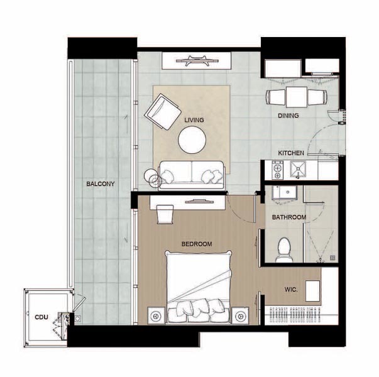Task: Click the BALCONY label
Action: point(101,184)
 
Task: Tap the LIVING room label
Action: point(194,120)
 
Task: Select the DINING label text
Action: point(288,116)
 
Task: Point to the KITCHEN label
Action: point(291,153)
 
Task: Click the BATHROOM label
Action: point(289,217)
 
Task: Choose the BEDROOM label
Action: point(197,244)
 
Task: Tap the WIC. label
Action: point(291,290)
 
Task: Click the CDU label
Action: point(41,317)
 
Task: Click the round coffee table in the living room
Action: point(192,139)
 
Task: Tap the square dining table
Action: point(297,97)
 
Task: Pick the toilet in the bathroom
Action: point(283,250)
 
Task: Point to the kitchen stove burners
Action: point(277,170)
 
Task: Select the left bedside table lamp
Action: point(156,315)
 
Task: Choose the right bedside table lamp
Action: point(240,315)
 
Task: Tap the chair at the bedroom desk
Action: point(165,214)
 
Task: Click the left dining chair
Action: point(275,97)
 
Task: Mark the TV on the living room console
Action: point(197,61)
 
